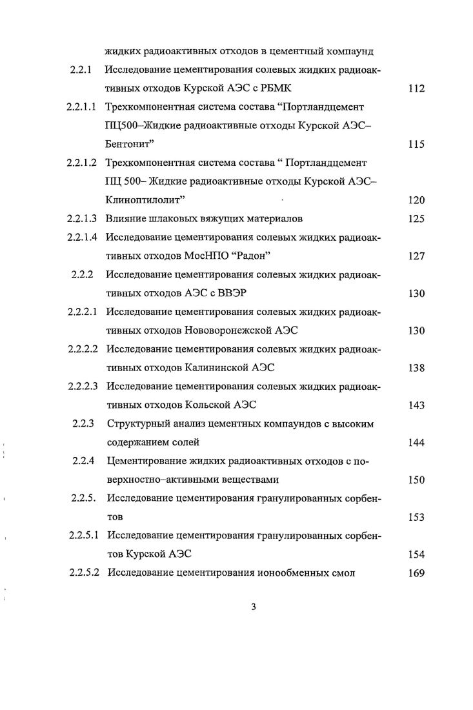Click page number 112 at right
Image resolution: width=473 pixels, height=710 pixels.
pos(416,88)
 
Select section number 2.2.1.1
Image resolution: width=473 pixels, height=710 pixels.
pos(83,107)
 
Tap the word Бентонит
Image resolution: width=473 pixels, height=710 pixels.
pos(130,145)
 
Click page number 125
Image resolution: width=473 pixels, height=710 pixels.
pos(416,219)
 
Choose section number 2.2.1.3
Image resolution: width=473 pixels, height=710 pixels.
pos(83,219)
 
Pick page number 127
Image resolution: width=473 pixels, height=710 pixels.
pos(416,256)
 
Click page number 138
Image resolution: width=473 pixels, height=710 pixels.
pos(416,368)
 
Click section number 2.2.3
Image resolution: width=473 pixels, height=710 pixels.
pos(83,424)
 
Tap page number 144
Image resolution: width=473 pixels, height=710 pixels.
pos(416,443)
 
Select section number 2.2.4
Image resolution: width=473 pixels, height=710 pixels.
pos(83,462)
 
